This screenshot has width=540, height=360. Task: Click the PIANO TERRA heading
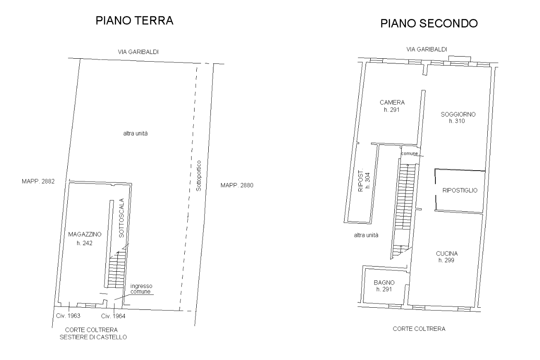click(135, 21)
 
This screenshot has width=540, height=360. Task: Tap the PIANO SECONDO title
click(429, 24)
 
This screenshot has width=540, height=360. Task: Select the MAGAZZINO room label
click(85, 234)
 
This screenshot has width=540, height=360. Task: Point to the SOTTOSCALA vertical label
click(122, 218)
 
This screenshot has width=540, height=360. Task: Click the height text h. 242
click(84, 243)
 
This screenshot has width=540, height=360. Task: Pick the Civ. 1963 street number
click(68, 315)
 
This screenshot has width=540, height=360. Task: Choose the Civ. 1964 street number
click(113, 316)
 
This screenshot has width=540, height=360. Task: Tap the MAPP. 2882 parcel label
click(38, 181)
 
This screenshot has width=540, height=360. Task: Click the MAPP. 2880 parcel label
click(237, 185)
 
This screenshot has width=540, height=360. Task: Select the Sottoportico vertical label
click(199, 176)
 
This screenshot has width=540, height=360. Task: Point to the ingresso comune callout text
click(141, 288)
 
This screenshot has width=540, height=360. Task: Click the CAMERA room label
click(392, 102)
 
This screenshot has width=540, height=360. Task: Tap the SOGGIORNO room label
click(458, 114)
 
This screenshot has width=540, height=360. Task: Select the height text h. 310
click(457, 121)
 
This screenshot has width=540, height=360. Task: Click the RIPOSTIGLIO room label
click(460, 190)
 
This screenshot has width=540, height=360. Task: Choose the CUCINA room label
click(447, 253)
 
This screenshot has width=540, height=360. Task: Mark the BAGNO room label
click(384, 282)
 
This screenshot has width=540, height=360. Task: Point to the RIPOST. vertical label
click(361, 181)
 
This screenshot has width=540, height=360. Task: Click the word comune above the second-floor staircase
click(409, 153)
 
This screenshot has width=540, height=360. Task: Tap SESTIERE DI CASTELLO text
click(93, 337)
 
